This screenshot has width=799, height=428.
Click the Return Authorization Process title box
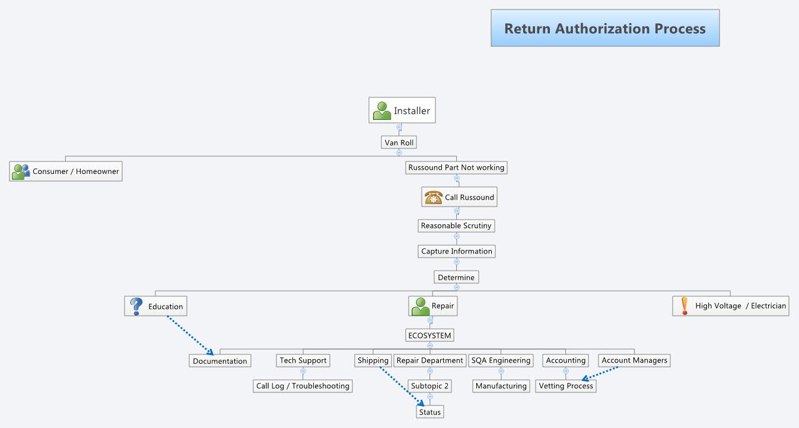click(x=605, y=28)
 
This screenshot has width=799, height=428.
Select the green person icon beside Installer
click(x=382, y=110)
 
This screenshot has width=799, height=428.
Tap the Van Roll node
click(x=399, y=142)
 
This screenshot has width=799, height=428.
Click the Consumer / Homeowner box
click(x=66, y=172)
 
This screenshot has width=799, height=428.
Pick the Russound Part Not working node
click(x=456, y=167)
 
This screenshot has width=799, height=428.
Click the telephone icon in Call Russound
click(x=434, y=197)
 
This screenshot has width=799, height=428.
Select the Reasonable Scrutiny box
click(x=456, y=226)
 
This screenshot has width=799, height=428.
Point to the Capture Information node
click(x=456, y=251)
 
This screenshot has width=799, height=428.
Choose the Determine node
click(x=456, y=277)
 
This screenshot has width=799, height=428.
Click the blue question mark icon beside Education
click(x=136, y=306)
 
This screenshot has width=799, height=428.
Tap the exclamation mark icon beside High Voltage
click(x=685, y=306)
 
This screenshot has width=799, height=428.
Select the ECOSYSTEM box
click(x=430, y=335)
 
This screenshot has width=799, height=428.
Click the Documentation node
click(x=220, y=361)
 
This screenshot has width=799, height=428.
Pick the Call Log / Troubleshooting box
click(x=303, y=386)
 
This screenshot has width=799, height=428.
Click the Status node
click(x=430, y=412)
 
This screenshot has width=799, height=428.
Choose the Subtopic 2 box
click(x=430, y=386)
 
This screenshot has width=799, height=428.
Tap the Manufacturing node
click(x=501, y=386)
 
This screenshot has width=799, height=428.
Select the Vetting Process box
click(x=566, y=386)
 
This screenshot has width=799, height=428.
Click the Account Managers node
click(x=634, y=360)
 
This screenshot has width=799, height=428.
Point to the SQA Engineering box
click(x=501, y=360)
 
